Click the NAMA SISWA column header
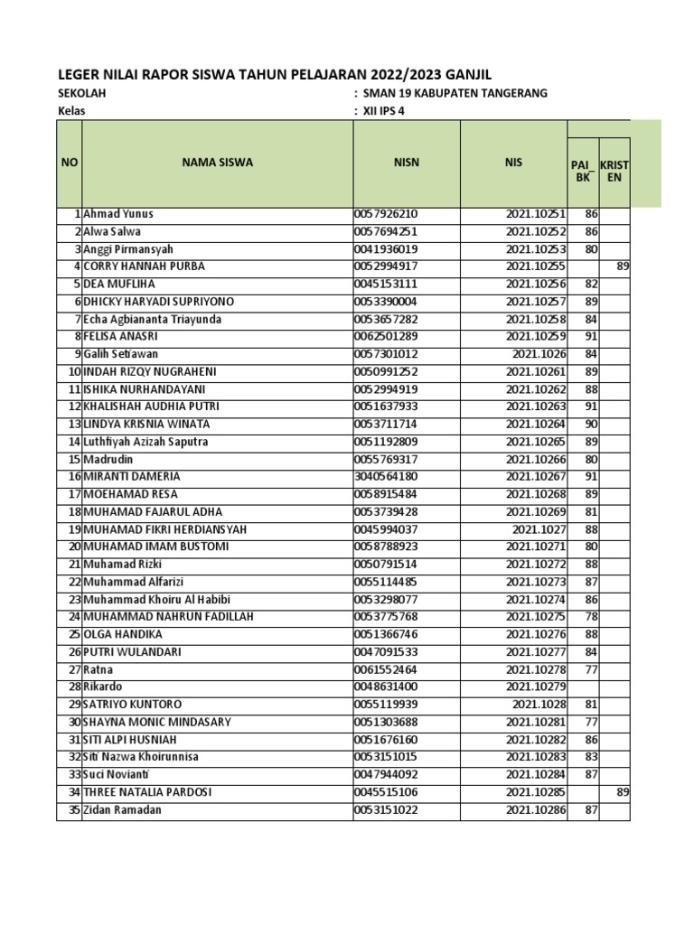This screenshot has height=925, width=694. (x=217, y=163)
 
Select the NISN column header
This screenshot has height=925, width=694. (x=406, y=163)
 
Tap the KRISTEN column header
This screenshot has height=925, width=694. (x=614, y=171)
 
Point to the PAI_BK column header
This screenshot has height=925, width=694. (x=583, y=171)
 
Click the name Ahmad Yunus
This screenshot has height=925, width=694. (x=118, y=214)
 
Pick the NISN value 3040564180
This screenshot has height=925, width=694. (x=386, y=476)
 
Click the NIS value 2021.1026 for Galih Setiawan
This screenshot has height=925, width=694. (x=539, y=354)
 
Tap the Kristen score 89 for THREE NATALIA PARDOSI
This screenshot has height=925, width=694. (x=622, y=792)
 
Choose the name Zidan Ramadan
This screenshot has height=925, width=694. (x=122, y=809)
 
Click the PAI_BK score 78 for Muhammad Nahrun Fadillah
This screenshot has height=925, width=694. (x=591, y=617)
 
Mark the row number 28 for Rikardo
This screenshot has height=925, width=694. (x=74, y=687)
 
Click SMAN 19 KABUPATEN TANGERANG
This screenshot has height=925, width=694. (x=454, y=94)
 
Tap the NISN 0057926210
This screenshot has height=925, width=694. (x=386, y=214)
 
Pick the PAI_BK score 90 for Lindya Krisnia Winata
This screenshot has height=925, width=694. (x=591, y=424)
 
